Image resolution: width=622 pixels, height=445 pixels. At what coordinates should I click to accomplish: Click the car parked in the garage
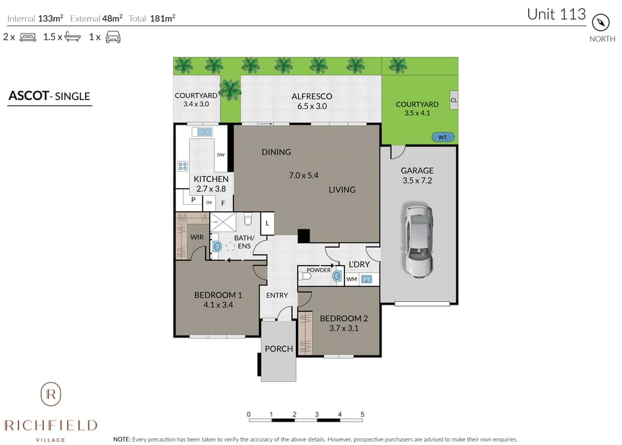click(x=419, y=240)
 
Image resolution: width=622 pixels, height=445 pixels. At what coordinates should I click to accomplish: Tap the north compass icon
click(x=601, y=23)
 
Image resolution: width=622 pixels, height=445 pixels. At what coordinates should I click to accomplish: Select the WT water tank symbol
click(x=443, y=137)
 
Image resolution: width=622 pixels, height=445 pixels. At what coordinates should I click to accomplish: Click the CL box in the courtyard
click(x=453, y=100)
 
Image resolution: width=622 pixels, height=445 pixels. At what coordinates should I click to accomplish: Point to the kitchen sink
click(x=205, y=132)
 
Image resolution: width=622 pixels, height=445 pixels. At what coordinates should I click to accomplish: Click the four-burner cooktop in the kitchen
click(x=182, y=166)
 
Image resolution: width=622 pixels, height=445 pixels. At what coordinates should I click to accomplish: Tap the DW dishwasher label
click(x=221, y=155)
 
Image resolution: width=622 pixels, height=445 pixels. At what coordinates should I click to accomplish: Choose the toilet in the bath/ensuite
click(x=248, y=219)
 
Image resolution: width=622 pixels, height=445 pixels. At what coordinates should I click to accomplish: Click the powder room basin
click(x=337, y=276)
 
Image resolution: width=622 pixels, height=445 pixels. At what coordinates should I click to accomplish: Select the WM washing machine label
click(x=352, y=279)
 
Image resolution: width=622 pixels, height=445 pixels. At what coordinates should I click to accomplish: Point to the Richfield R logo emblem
click(x=51, y=394)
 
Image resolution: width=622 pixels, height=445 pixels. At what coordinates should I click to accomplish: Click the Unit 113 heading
click(x=556, y=14)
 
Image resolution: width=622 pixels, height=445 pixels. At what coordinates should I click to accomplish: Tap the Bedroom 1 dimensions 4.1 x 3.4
click(x=218, y=305)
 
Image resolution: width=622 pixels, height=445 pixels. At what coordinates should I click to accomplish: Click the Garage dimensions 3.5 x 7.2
click(x=417, y=181)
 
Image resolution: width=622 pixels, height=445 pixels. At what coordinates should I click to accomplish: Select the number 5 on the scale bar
click(x=362, y=414)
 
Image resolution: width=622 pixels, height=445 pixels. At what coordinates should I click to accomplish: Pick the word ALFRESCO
click(x=312, y=97)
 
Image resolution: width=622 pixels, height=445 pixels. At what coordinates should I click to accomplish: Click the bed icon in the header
click(x=28, y=37)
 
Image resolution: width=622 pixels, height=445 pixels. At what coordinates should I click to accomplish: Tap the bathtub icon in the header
click(x=73, y=37)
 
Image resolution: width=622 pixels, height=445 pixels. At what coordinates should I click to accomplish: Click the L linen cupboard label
click(x=267, y=223)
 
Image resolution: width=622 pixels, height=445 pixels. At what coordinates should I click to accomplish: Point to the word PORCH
click(x=279, y=348)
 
